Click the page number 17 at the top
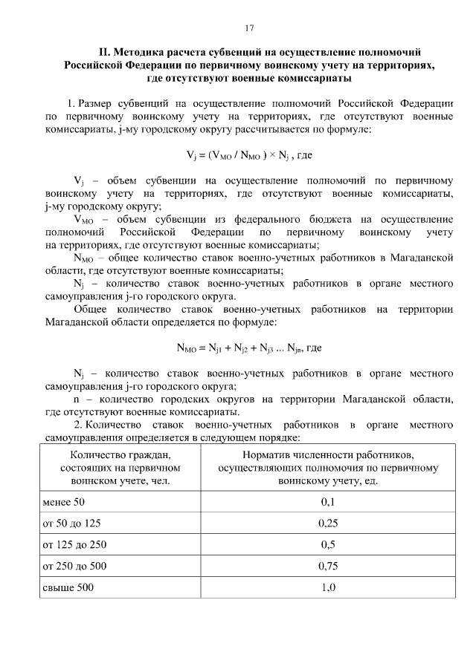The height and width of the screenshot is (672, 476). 249,28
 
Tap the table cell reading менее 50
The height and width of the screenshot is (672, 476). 64,502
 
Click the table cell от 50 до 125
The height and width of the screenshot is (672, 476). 72,523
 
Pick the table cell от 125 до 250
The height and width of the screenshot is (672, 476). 75,545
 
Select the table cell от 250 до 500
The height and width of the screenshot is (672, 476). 75,567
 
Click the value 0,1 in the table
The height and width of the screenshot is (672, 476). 328,502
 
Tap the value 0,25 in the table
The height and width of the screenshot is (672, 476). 328,523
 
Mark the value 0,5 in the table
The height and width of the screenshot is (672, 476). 328,545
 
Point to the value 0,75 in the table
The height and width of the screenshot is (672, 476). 328,567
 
